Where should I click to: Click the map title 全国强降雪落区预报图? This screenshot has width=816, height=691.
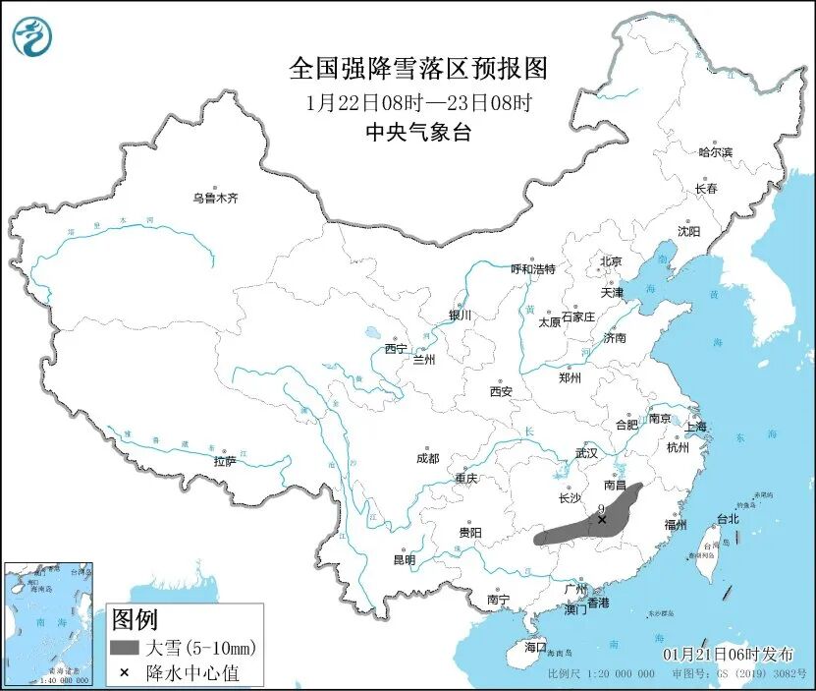417,68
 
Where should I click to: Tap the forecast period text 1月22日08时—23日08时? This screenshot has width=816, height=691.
417,101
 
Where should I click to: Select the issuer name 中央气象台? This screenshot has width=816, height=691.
417,133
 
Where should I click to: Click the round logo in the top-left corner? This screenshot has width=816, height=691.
31,36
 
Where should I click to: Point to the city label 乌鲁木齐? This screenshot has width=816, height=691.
215,198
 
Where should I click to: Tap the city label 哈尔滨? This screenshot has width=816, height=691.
715,152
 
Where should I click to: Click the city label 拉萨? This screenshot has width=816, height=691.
225,461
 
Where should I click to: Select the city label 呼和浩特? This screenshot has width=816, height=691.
533,268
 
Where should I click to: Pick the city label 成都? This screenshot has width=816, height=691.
427,458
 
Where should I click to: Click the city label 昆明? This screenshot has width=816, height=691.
404,559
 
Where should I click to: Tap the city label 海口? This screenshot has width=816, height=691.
534,647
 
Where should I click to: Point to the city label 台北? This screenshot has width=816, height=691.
727,518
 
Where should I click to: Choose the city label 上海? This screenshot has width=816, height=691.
695,427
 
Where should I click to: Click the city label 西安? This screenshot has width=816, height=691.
500,391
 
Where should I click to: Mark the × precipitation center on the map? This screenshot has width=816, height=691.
602,520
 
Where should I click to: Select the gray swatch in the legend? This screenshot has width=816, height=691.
125,648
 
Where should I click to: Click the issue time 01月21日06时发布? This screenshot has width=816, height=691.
732,654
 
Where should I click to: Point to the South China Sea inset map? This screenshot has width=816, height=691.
48,623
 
